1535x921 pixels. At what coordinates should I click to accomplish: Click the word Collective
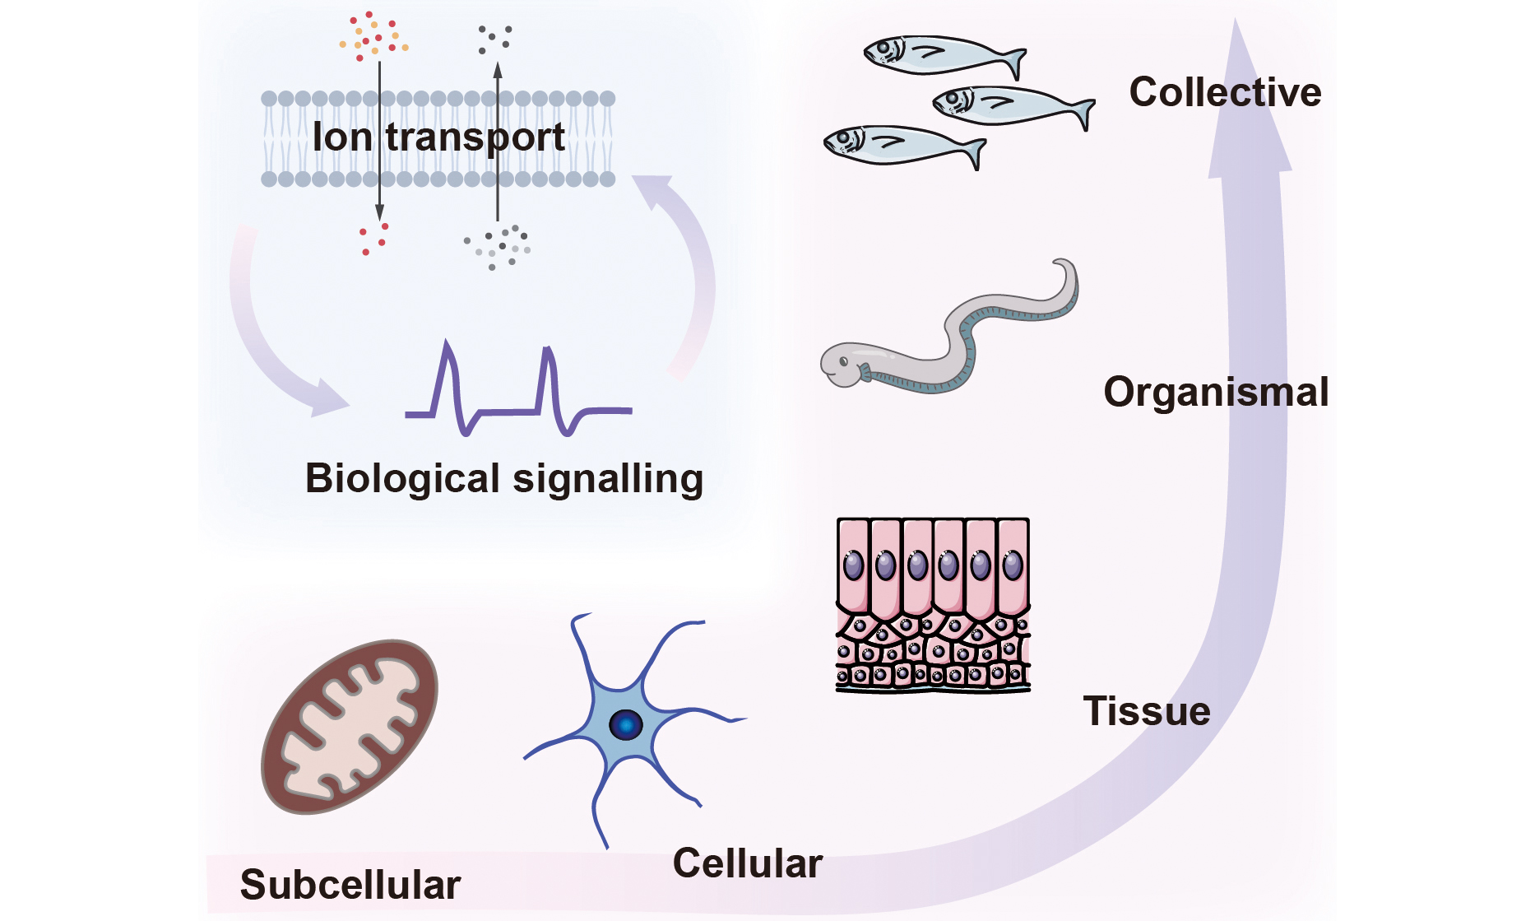coord(1225,92)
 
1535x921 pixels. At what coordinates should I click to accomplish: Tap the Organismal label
coord(1216,392)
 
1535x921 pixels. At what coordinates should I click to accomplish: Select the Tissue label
coord(1147,711)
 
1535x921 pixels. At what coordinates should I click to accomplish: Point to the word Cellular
coord(748,863)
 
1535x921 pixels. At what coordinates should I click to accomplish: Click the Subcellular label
coord(350,885)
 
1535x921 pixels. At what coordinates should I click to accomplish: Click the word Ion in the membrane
coord(342,137)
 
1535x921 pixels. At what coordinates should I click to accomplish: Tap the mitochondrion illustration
coord(350,727)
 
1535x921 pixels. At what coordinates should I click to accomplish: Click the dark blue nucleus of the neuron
coord(625,725)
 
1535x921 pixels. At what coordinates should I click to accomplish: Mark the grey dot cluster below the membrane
coord(498,245)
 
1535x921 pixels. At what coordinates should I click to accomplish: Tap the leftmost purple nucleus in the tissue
coord(853,565)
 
